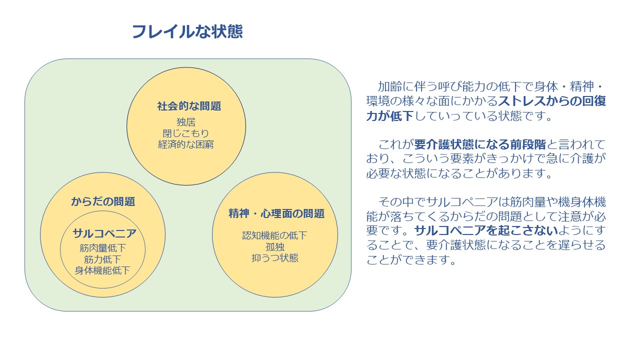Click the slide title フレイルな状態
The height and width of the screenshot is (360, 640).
(187, 31)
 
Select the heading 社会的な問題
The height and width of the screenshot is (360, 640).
(189, 106)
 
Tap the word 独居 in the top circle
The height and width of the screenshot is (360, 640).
(186, 122)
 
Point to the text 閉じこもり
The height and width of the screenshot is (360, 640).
(186, 133)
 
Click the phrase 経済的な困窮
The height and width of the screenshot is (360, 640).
(186, 144)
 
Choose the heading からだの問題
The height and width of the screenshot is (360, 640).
(103, 201)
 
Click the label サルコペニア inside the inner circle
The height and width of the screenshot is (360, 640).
(104, 233)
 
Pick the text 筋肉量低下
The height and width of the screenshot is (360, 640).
(103, 248)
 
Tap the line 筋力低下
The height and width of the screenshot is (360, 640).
(103, 259)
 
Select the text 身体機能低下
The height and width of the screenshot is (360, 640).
(102, 270)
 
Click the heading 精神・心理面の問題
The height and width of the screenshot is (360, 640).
(276, 213)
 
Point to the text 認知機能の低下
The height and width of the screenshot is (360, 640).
(274, 235)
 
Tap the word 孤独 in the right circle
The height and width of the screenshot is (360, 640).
(275, 247)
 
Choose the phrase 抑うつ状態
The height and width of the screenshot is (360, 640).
(275, 258)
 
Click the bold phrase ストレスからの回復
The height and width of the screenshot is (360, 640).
(552, 101)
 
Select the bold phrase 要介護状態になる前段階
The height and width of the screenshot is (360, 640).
(480, 144)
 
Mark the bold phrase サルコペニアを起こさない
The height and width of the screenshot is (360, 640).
(486, 231)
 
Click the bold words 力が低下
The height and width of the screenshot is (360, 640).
(390, 116)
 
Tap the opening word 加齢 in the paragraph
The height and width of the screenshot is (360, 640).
(390, 86)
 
